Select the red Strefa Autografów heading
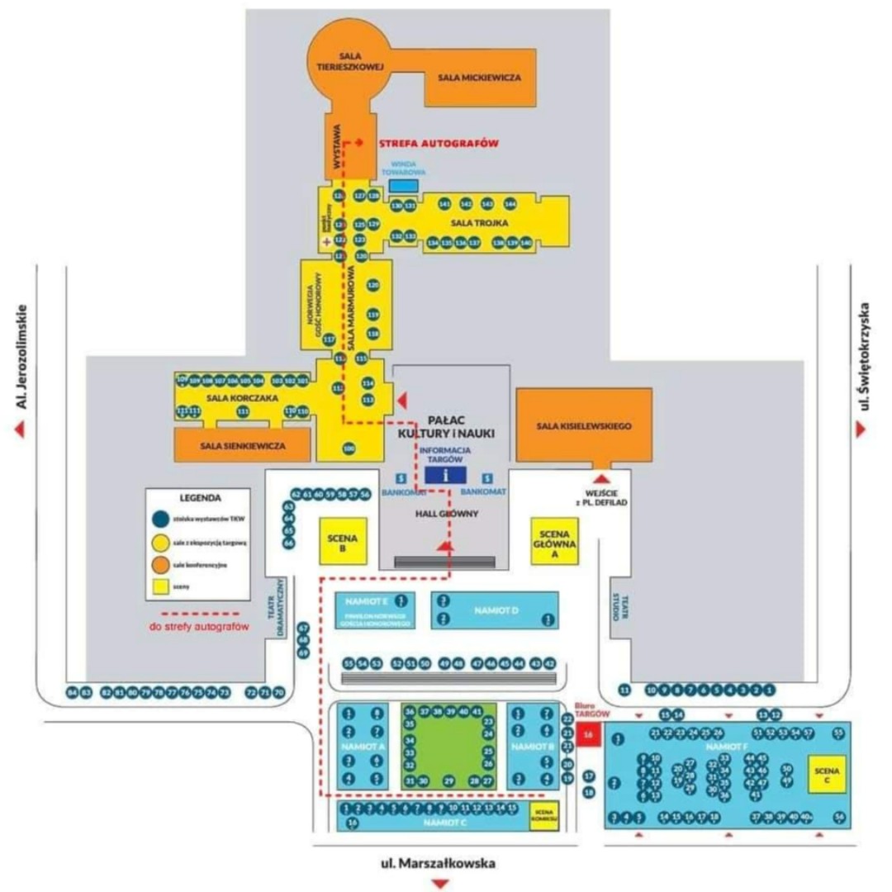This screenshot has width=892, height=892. tap(438, 143)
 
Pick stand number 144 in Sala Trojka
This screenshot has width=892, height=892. tap(510, 203)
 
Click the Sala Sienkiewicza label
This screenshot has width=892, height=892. tap(243, 446)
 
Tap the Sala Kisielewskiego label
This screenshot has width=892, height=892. tap(584, 426)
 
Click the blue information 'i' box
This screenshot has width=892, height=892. tap(445, 475)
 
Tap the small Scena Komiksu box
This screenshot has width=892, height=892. tap(544, 814)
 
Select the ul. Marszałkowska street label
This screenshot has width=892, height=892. tap(438, 864)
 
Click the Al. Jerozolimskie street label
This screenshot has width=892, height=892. tap(22, 357)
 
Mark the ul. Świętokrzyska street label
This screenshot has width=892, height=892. tap(866, 357)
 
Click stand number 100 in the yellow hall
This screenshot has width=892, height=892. tap(349, 448)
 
